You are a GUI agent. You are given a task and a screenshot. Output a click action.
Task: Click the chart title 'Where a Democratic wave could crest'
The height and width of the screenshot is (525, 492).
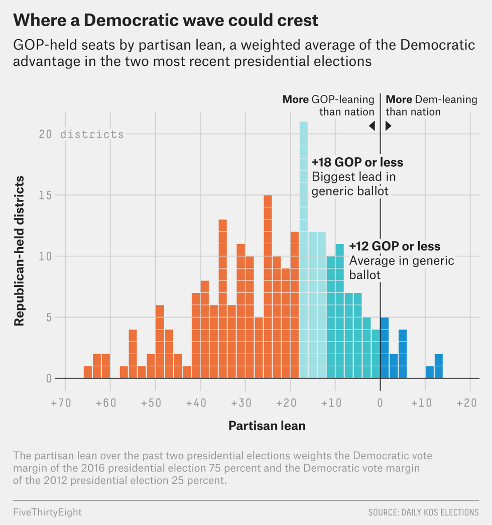166,20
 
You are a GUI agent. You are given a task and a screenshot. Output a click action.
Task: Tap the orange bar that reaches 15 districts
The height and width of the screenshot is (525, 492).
268,286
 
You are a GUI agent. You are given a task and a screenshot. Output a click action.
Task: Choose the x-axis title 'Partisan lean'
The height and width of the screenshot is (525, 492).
267,426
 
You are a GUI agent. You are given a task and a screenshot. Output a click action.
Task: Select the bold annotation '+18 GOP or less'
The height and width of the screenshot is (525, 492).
357,163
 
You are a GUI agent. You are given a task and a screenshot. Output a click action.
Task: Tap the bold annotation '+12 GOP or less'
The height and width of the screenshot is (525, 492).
395,246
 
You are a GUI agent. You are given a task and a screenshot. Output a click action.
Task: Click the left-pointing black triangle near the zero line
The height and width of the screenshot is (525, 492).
372,127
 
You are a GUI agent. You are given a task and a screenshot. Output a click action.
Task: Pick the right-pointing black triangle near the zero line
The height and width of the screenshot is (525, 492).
388,127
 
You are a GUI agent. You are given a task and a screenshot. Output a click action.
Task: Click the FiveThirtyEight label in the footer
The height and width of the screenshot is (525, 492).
47,512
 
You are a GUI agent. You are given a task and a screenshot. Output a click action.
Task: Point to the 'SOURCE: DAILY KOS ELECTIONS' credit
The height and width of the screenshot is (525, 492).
423,512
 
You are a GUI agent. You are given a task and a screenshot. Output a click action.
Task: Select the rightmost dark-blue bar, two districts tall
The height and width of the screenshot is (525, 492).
438,366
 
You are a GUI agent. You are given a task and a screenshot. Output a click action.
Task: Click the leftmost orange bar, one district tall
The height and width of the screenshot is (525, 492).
88,372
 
